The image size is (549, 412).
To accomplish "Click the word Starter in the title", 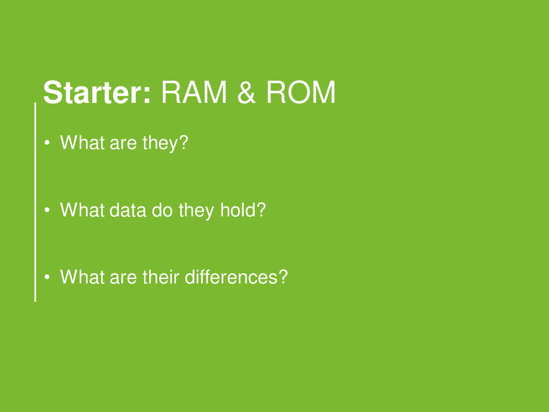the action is [97, 92].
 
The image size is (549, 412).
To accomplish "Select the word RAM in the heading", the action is [194, 92].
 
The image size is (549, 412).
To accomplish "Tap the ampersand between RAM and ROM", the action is [246, 92].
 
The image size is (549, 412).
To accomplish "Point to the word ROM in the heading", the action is [301, 92].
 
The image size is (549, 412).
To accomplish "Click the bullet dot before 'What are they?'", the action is [47, 142].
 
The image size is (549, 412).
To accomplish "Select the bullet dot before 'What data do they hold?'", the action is [47, 209].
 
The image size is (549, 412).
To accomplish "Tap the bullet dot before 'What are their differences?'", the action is [47, 277].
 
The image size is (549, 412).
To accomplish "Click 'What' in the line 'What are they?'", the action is [82, 142].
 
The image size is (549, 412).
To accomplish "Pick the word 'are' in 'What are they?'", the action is [123, 144].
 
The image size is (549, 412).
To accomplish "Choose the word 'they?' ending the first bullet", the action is [165, 144].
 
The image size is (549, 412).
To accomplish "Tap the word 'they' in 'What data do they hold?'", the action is [196, 211].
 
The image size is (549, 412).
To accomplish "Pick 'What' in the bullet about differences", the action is [82, 277].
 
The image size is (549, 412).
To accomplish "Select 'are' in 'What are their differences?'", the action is [123, 279].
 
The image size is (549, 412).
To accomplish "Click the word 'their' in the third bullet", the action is [161, 277].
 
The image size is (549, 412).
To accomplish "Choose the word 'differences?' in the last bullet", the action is [236, 277].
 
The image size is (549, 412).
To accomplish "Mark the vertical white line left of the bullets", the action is [35, 202].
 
